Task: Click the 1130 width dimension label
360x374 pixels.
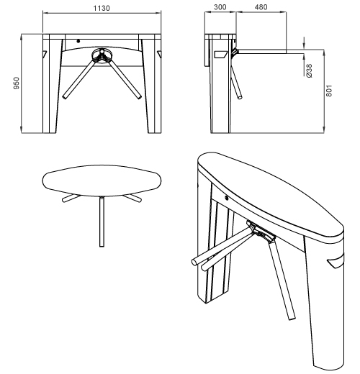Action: pos(102,8)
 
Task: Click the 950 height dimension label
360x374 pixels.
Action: pos(17,83)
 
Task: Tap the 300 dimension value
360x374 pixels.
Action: pos(220,7)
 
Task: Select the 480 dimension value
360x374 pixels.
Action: pos(261,7)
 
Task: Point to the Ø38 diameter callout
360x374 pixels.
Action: pos(310,70)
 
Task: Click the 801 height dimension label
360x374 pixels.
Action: pos(329,91)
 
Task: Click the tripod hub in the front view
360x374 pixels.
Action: pos(102,55)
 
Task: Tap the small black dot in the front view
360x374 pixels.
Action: pos(78,41)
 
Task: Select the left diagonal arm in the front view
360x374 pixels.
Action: pos(79,78)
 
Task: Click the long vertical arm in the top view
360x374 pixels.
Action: pos(102,222)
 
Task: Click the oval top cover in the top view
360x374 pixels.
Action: pos(102,181)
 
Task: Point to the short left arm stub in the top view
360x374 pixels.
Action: pos(71,199)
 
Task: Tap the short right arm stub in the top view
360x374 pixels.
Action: pos(132,199)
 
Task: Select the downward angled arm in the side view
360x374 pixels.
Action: pos(236,82)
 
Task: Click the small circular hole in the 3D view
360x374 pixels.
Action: pos(226,198)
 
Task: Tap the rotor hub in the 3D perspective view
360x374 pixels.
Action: pos(261,232)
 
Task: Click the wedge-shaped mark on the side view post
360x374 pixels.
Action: pos(221,55)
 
